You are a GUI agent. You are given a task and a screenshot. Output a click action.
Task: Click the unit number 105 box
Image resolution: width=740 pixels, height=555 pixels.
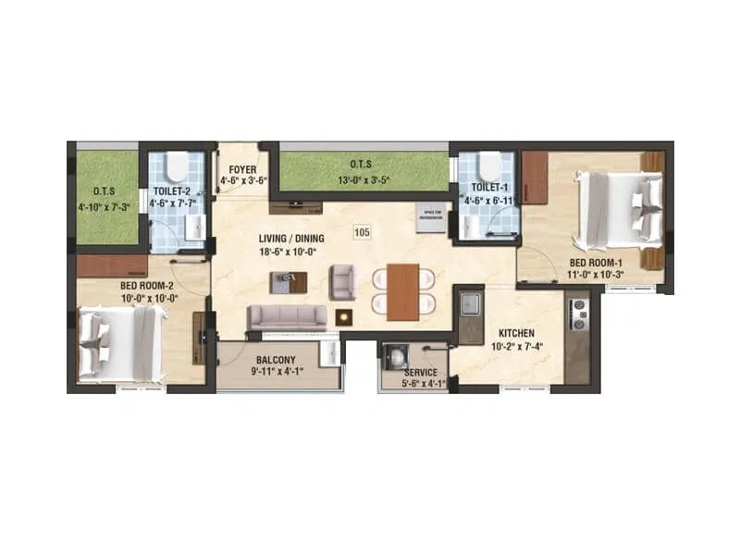[x=362, y=232]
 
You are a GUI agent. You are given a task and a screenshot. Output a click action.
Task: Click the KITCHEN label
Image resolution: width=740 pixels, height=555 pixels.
[x=516, y=333]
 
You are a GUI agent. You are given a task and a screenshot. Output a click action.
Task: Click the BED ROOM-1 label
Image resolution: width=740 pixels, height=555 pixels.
[x=601, y=262]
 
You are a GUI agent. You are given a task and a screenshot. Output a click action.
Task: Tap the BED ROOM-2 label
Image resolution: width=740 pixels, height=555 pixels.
[x=149, y=286]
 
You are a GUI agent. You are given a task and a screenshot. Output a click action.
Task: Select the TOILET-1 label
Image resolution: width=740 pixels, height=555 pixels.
[x=487, y=186]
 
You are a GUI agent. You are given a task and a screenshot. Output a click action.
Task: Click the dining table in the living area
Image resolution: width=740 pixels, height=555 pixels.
[x=403, y=291]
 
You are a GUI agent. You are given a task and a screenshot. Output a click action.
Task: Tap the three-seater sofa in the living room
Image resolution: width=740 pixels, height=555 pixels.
[x=287, y=317]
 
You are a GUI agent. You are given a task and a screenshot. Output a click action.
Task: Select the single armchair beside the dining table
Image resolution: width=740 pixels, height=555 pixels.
[x=342, y=281]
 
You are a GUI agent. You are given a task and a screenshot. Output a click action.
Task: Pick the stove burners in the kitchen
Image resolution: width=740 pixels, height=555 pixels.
[x=579, y=314]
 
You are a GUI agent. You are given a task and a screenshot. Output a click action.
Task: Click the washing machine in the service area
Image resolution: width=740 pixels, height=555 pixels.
[x=396, y=357]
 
